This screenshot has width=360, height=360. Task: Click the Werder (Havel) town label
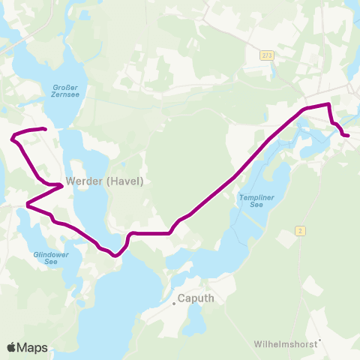click(104, 181)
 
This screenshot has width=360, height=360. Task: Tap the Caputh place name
click(196, 298)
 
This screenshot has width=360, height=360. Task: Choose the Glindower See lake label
click(51, 257)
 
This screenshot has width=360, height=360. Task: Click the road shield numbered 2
click(300, 230)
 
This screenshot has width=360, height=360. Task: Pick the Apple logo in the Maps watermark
click(12, 347)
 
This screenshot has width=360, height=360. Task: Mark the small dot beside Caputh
click(174, 303)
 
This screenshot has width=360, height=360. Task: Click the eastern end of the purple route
click(348, 135)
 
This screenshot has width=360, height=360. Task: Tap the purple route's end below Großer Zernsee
click(46, 130)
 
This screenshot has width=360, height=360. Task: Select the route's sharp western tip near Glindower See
click(27, 204)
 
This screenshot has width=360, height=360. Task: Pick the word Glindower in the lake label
click(51, 253)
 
